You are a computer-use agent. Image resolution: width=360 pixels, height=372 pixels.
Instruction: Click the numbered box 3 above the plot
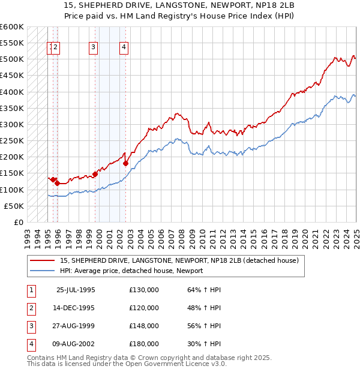(94, 49)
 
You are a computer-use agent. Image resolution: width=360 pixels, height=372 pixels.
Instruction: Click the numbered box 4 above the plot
(123, 49)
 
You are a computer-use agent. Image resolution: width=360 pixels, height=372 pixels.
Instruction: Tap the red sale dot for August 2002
(125, 163)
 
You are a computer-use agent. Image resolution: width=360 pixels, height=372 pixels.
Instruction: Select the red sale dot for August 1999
(95, 174)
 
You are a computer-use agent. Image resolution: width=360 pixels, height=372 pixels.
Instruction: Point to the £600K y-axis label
(11, 27)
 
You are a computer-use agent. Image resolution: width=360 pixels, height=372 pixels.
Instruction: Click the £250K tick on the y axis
(11, 141)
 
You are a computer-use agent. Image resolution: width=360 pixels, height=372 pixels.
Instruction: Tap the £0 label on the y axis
(18, 223)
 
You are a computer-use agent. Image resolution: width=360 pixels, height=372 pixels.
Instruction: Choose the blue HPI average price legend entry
(131, 271)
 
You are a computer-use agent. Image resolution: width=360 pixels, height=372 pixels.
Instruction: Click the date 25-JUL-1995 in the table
(76, 290)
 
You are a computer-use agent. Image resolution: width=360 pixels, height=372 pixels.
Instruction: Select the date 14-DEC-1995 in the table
(76, 308)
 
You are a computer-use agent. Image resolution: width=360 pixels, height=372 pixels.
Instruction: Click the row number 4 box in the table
(31, 344)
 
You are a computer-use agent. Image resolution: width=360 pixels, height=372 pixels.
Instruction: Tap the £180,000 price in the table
(144, 344)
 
